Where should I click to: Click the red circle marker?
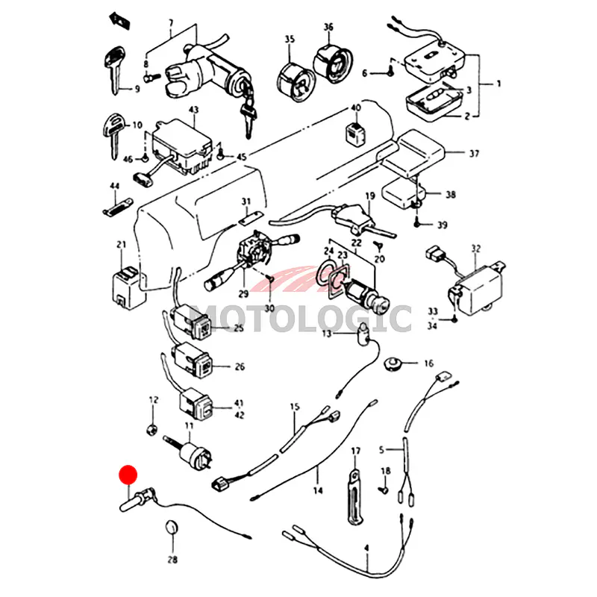point(129,475)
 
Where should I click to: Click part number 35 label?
point(290,39)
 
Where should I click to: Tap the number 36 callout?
point(328,28)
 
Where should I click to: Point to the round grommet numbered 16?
point(394,364)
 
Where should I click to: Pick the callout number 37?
point(474,154)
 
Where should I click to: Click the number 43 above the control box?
point(193,110)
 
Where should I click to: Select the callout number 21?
point(122,244)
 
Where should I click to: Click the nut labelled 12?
point(152,430)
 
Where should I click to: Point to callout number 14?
point(318,490)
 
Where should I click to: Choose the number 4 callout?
point(366,548)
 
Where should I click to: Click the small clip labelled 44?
point(116,205)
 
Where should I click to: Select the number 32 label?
point(476,248)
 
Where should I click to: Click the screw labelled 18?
point(384,490)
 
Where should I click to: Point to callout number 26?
point(240,366)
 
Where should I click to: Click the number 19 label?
point(369,196)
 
